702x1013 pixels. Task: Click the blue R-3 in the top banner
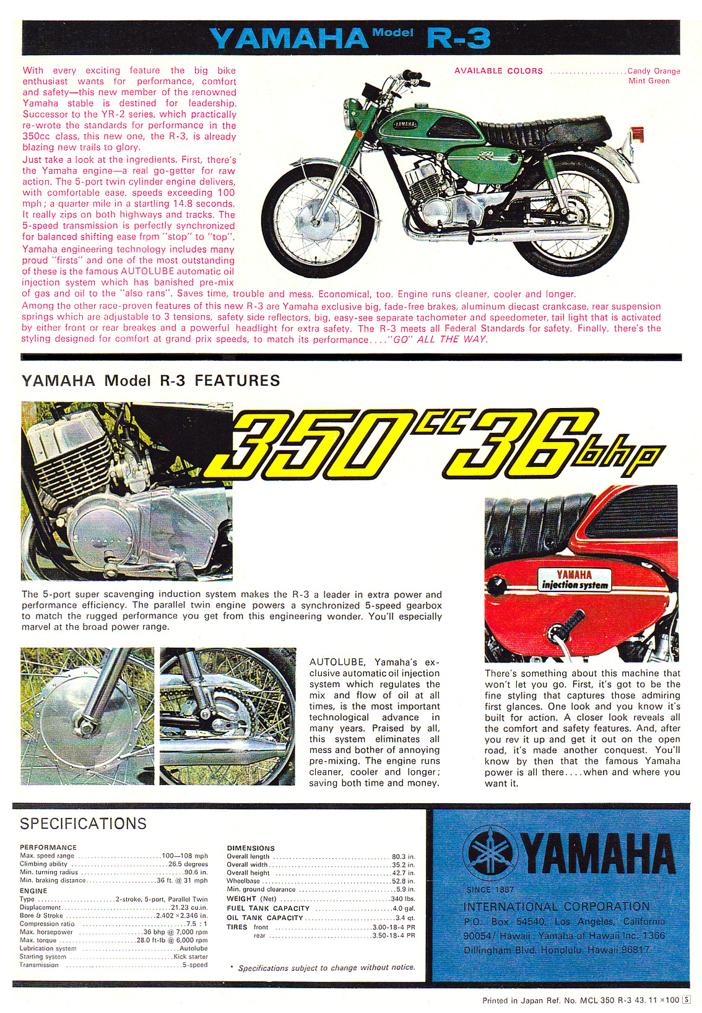(x=458, y=38)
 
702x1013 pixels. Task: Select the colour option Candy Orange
(x=654, y=71)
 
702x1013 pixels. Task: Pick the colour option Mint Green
(x=649, y=81)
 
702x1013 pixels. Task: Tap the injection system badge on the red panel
(x=574, y=580)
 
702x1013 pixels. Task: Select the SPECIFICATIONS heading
(x=84, y=824)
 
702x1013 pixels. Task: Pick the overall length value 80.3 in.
(x=403, y=857)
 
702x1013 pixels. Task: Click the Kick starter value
(x=191, y=957)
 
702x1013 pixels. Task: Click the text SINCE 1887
(x=490, y=890)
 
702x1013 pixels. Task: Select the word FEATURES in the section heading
(x=237, y=381)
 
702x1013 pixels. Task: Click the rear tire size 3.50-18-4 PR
(x=393, y=936)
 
